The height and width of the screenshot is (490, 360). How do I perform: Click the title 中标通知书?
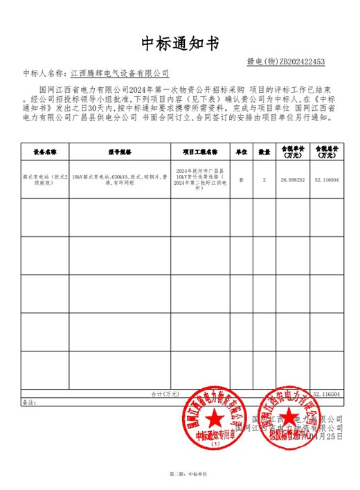point(180,43)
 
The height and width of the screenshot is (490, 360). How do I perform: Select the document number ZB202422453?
point(296,62)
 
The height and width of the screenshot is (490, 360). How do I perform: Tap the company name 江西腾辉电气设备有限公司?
point(120,73)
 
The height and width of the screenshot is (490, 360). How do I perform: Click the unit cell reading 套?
point(242,178)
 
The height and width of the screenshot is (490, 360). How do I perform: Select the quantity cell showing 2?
point(264,178)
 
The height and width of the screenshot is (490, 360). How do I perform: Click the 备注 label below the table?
point(28,401)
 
